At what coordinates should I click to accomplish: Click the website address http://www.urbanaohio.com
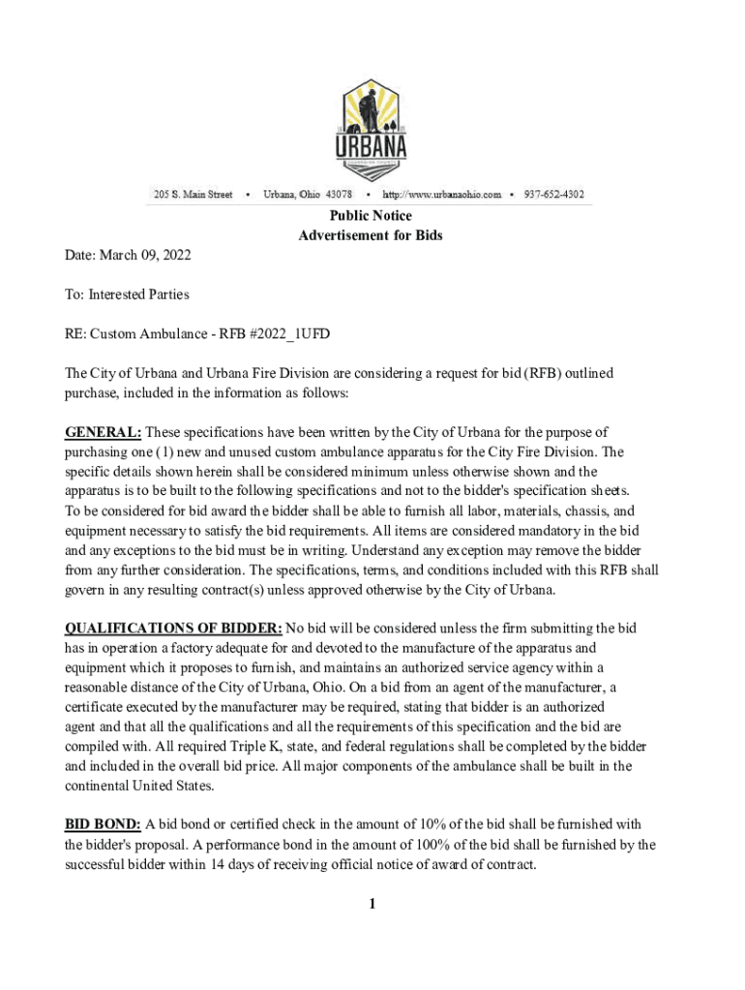pyautogui.click(x=441, y=194)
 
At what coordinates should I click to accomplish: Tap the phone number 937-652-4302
pyautogui.click(x=553, y=194)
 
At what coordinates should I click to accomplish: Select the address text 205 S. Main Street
pyautogui.click(x=194, y=194)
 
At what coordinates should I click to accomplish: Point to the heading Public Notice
pyautogui.click(x=371, y=216)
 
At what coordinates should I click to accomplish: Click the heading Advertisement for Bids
pyautogui.click(x=371, y=236)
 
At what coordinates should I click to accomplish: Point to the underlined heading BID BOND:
pyautogui.click(x=103, y=825)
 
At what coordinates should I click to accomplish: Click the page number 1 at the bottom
pyautogui.click(x=371, y=904)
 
